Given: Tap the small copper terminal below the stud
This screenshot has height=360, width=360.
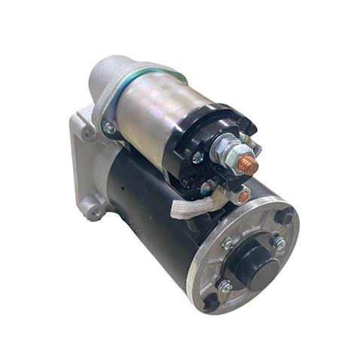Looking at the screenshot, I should tap(243, 197).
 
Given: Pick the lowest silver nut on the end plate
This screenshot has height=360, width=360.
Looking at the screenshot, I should tap(224, 285).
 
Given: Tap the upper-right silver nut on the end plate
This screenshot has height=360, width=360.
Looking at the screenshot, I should tap(279, 243).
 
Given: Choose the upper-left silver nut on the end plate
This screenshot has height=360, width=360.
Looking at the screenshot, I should tap(227, 243).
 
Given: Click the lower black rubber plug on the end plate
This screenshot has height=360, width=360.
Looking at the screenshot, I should tap(211, 301).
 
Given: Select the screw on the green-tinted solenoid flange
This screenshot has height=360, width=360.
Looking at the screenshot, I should tap(111, 129).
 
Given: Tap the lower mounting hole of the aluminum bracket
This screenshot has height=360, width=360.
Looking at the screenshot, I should tap(93, 210).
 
